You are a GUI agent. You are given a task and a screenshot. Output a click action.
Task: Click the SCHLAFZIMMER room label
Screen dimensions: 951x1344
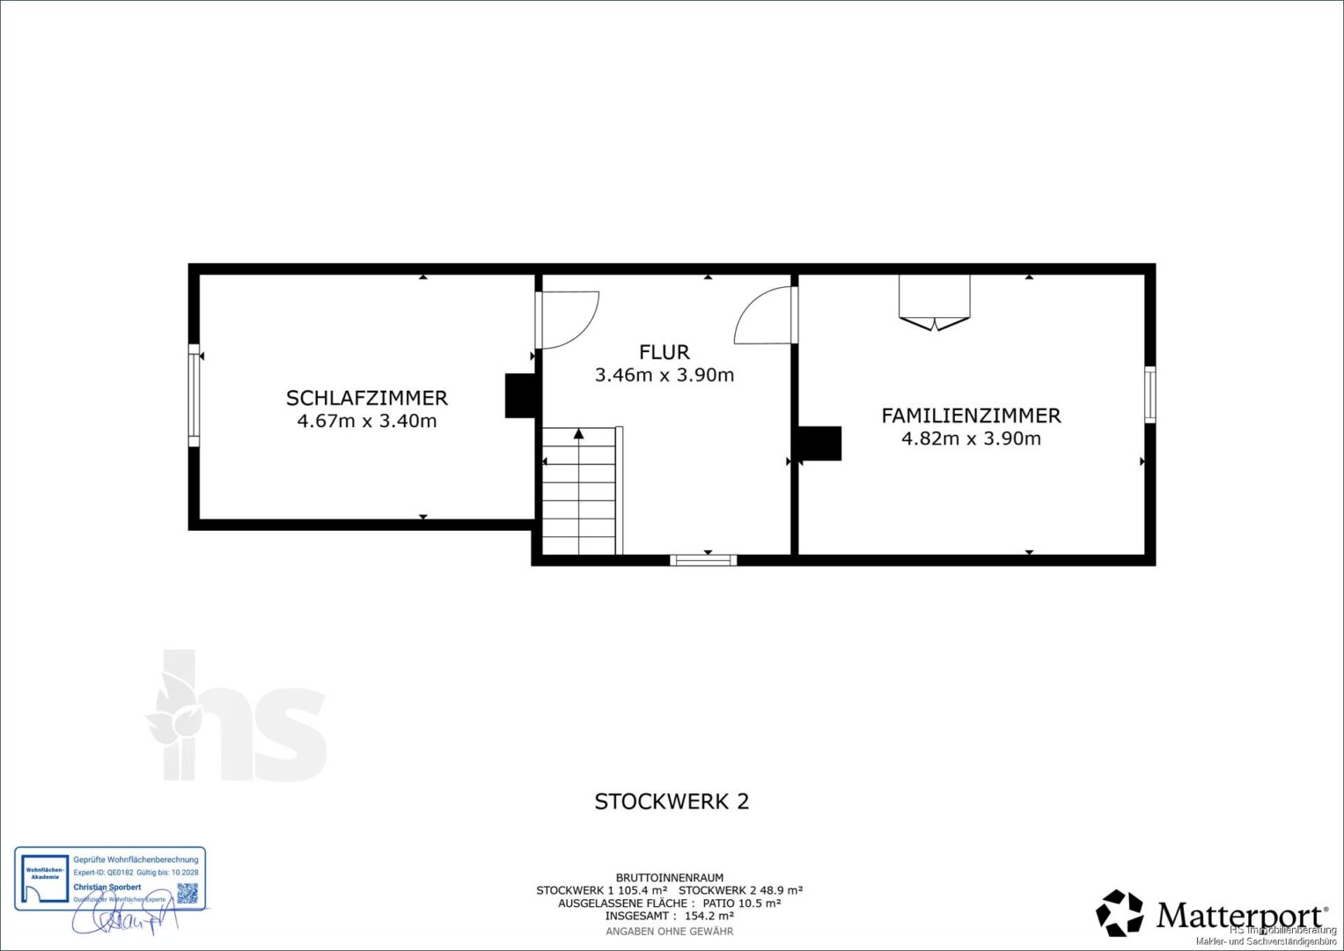[366, 398]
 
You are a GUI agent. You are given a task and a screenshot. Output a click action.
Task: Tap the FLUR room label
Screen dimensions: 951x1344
[664, 352]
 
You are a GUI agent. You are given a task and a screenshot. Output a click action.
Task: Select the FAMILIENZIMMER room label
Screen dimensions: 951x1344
[971, 416]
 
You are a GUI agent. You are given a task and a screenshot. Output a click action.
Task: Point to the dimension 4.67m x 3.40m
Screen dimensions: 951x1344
[366, 421]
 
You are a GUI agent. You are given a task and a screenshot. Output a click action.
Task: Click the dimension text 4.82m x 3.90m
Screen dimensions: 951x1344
[971, 439]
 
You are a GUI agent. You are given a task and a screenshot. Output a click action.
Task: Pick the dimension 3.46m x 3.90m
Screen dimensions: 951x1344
[664, 375]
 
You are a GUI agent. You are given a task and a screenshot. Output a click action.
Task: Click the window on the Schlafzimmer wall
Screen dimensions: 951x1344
[194, 394]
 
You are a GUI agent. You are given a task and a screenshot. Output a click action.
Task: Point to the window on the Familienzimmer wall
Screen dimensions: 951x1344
[1149, 394]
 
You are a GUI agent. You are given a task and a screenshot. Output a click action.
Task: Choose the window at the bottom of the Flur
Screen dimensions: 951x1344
[702, 559]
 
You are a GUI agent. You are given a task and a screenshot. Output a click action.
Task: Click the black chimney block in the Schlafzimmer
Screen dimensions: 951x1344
[519, 395]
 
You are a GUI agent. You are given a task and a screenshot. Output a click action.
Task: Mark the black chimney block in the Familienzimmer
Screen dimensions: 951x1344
[819, 443]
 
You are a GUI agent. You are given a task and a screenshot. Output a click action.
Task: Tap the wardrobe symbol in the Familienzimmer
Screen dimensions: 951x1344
[934, 302]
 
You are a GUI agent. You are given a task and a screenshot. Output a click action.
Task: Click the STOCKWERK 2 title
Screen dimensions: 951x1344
[672, 801]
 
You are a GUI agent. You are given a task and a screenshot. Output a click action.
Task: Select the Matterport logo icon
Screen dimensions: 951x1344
[1119, 913]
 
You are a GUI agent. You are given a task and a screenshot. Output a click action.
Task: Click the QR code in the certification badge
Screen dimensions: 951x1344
[187, 892]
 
